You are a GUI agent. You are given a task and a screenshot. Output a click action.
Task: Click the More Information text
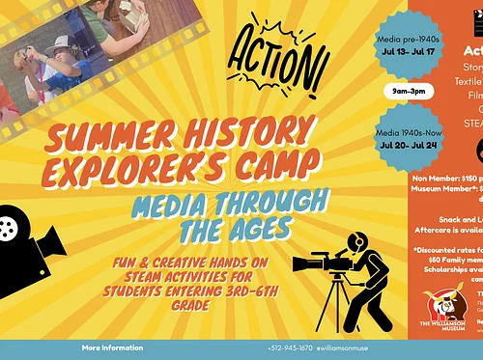112,347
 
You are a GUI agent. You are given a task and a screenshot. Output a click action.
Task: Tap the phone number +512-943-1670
290,348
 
